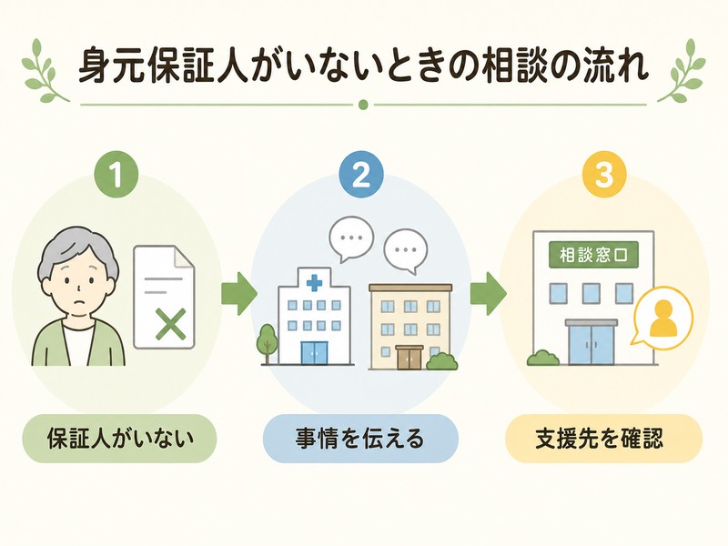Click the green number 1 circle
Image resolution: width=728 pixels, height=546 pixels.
tap(116, 176)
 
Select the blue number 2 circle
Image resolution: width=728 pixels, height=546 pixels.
tap(361, 176)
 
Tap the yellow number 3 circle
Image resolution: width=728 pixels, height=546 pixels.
tap(604, 176)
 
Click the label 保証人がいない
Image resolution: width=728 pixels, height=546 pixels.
tap(120, 439)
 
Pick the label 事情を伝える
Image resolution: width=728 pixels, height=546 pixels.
tap(360, 439)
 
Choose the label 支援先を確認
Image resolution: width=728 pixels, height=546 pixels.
tap(603, 439)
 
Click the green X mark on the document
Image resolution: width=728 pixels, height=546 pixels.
tap(171, 324)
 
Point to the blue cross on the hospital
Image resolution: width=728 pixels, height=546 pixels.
tap(314, 282)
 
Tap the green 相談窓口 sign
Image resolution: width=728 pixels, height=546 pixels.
tap(593, 255)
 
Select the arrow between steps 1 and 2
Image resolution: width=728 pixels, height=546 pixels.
tap(239, 293)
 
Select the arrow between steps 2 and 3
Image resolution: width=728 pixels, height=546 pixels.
tap(488, 293)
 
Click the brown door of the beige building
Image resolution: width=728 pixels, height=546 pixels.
tap(409, 357)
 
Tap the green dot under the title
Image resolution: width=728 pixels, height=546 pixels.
tap(363, 105)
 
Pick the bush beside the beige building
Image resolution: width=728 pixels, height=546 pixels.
tap(441, 361)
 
